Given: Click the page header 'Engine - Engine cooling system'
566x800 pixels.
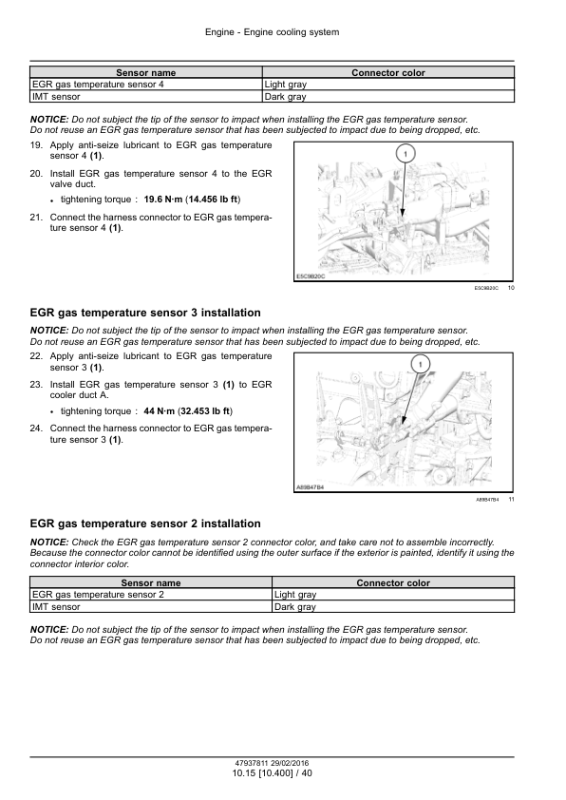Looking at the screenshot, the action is coord(272,32).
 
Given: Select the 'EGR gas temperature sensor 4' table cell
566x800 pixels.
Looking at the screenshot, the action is coord(146,85).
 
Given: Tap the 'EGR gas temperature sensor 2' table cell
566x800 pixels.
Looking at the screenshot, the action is coord(151,595).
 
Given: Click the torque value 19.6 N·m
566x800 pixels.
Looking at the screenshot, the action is coord(163,199).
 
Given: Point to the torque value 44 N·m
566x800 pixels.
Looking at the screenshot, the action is coord(160,410).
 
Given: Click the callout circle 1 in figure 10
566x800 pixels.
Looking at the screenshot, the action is coord(406,154).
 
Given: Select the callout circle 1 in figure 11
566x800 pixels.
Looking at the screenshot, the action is coord(420,364).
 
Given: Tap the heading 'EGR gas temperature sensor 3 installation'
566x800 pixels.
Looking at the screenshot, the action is coord(145,313).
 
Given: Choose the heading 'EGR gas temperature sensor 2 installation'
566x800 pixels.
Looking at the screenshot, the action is coord(145,524).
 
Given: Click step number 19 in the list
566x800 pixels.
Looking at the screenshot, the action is coord(36,145).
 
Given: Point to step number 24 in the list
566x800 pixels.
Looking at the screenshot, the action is coord(36,429).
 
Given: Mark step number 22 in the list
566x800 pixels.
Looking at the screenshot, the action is coord(36,356).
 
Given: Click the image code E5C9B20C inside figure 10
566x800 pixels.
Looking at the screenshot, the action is coord(310,276).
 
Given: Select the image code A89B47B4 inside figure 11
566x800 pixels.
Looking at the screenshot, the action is coord(310,487).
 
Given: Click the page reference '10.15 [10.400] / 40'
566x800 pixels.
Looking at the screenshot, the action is coord(272,773).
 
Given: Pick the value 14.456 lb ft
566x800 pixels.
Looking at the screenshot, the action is coord(213,199).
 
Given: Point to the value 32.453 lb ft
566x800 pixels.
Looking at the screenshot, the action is coord(205,410).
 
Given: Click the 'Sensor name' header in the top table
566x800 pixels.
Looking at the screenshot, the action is coord(146,72).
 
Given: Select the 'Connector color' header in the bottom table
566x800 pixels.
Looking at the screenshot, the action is coord(393,582).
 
